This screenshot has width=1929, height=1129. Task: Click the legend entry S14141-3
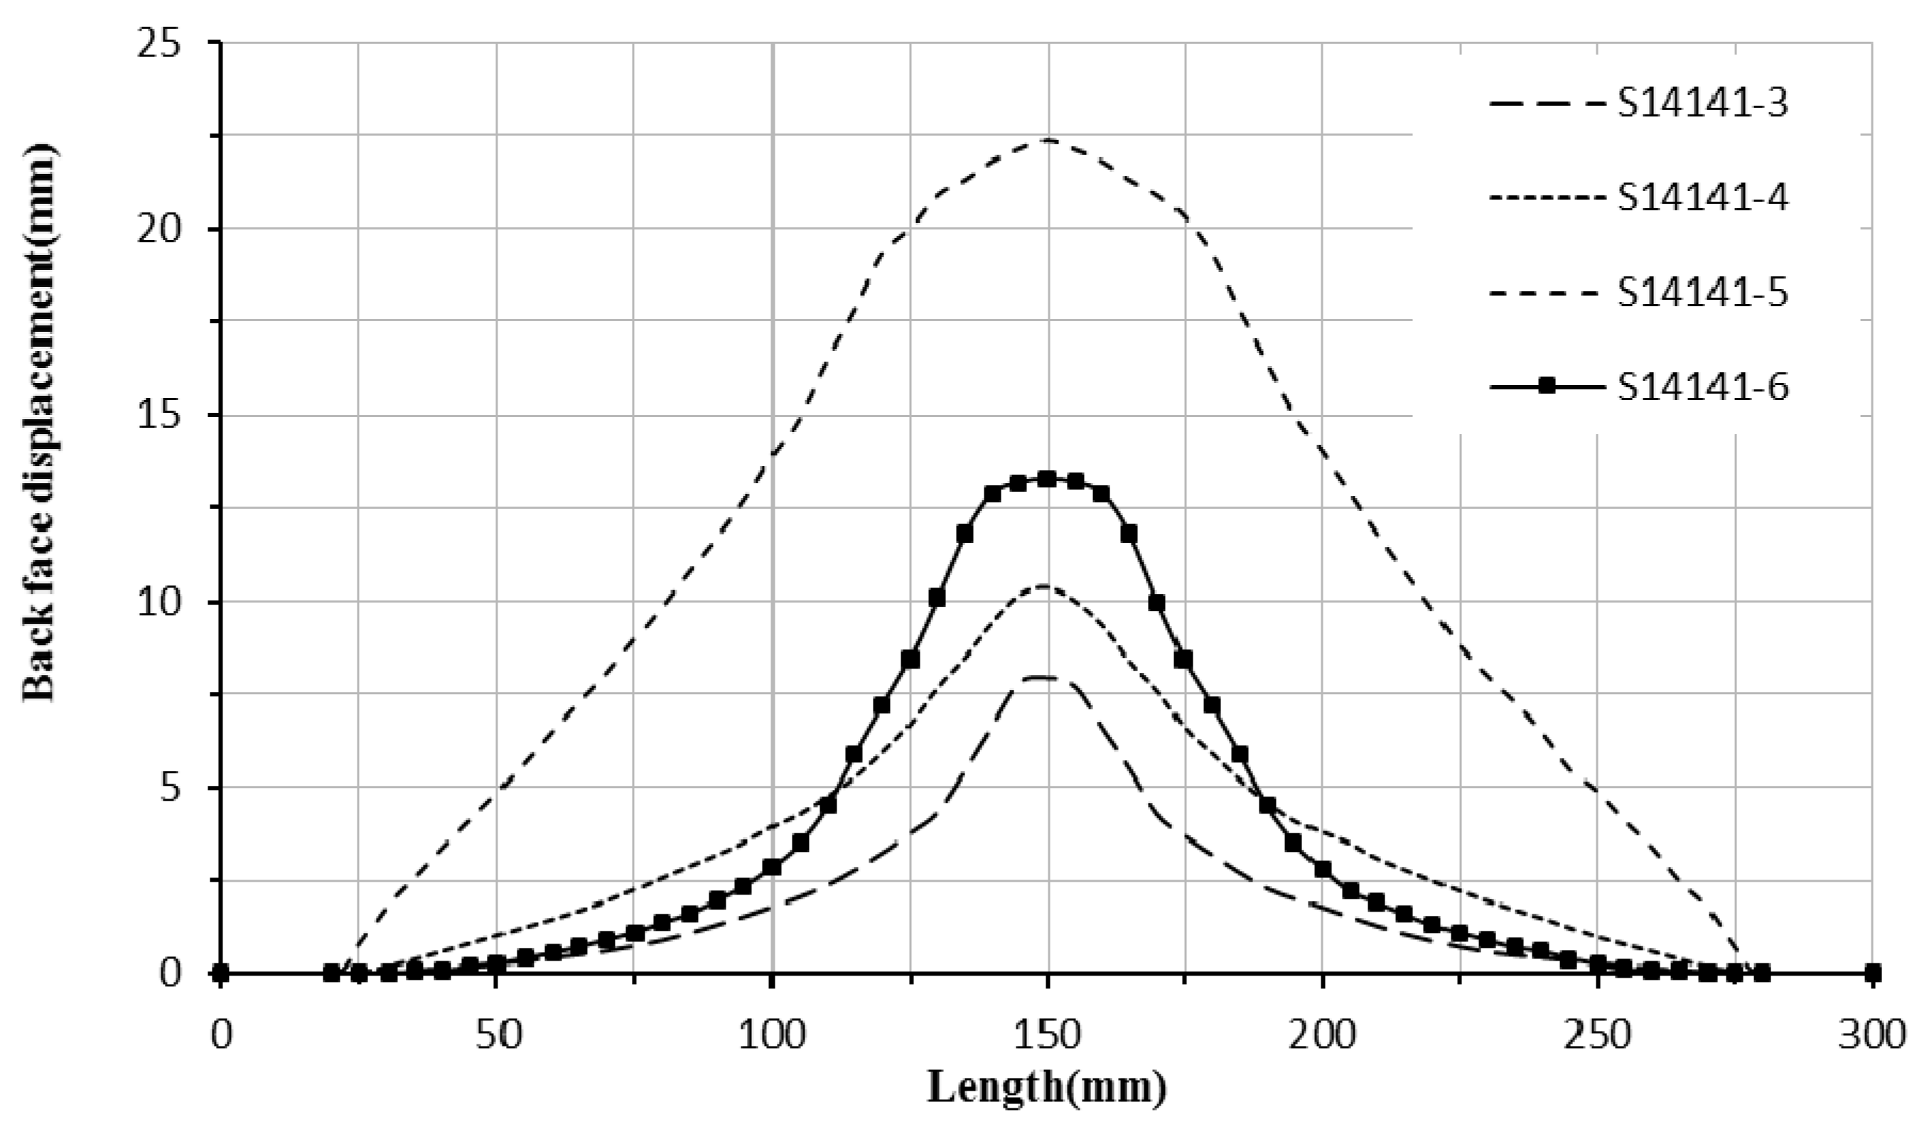point(1702,105)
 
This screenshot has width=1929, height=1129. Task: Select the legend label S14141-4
point(1702,199)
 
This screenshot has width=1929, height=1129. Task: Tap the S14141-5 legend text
point(1702,294)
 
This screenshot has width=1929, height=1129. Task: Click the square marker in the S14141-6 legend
point(1547,388)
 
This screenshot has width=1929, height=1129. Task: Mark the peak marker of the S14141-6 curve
point(1047,479)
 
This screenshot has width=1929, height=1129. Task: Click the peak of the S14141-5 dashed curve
point(1047,140)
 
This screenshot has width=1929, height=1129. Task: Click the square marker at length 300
point(1872,973)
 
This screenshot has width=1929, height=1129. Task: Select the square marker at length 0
point(220,973)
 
